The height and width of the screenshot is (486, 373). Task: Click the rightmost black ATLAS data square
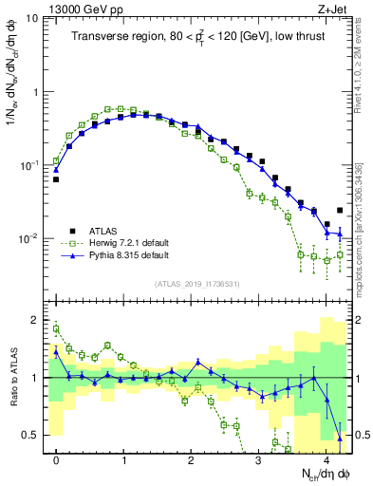pyautogui.click(x=340, y=210)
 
